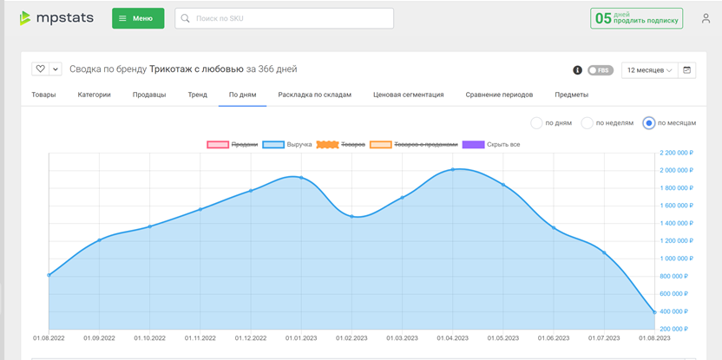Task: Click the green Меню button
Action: [138, 18]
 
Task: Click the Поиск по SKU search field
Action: [284, 18]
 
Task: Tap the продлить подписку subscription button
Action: [636, 18]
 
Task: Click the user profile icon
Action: [706, 18]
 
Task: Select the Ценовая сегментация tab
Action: [409, 95]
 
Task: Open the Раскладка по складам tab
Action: [314, 95]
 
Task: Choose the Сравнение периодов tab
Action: [499, 95]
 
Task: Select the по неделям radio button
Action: [587, 123]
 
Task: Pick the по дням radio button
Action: [536, 123]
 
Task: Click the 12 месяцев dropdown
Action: [649, 70]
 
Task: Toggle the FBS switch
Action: [601, 70]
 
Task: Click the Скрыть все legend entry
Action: [491, 145]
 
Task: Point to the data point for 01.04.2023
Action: [453, 169]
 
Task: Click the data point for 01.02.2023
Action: [351, 216]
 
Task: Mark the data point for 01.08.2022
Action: [49, 275]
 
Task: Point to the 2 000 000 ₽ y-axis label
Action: [674, 170]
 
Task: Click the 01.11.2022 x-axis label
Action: [200, 338]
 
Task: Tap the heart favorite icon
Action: [40, 69]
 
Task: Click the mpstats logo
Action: [56, 18]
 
